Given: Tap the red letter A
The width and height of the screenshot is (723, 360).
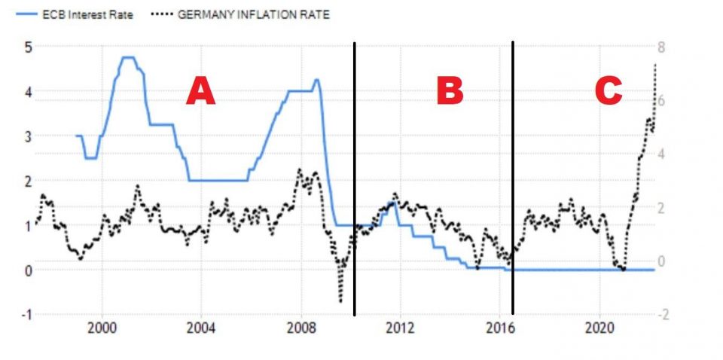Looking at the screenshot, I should point(201,92).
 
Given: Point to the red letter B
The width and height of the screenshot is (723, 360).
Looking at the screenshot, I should point(450,92).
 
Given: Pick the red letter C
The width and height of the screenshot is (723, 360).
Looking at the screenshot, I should point(608,92).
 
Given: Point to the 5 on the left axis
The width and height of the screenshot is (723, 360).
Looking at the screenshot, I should point(28,47).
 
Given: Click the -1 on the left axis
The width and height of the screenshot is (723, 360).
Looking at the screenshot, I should point(26,315).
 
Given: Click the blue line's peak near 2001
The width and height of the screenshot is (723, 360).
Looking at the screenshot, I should point(127,57).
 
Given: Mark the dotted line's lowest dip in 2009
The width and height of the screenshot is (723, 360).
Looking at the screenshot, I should point(340,302).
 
